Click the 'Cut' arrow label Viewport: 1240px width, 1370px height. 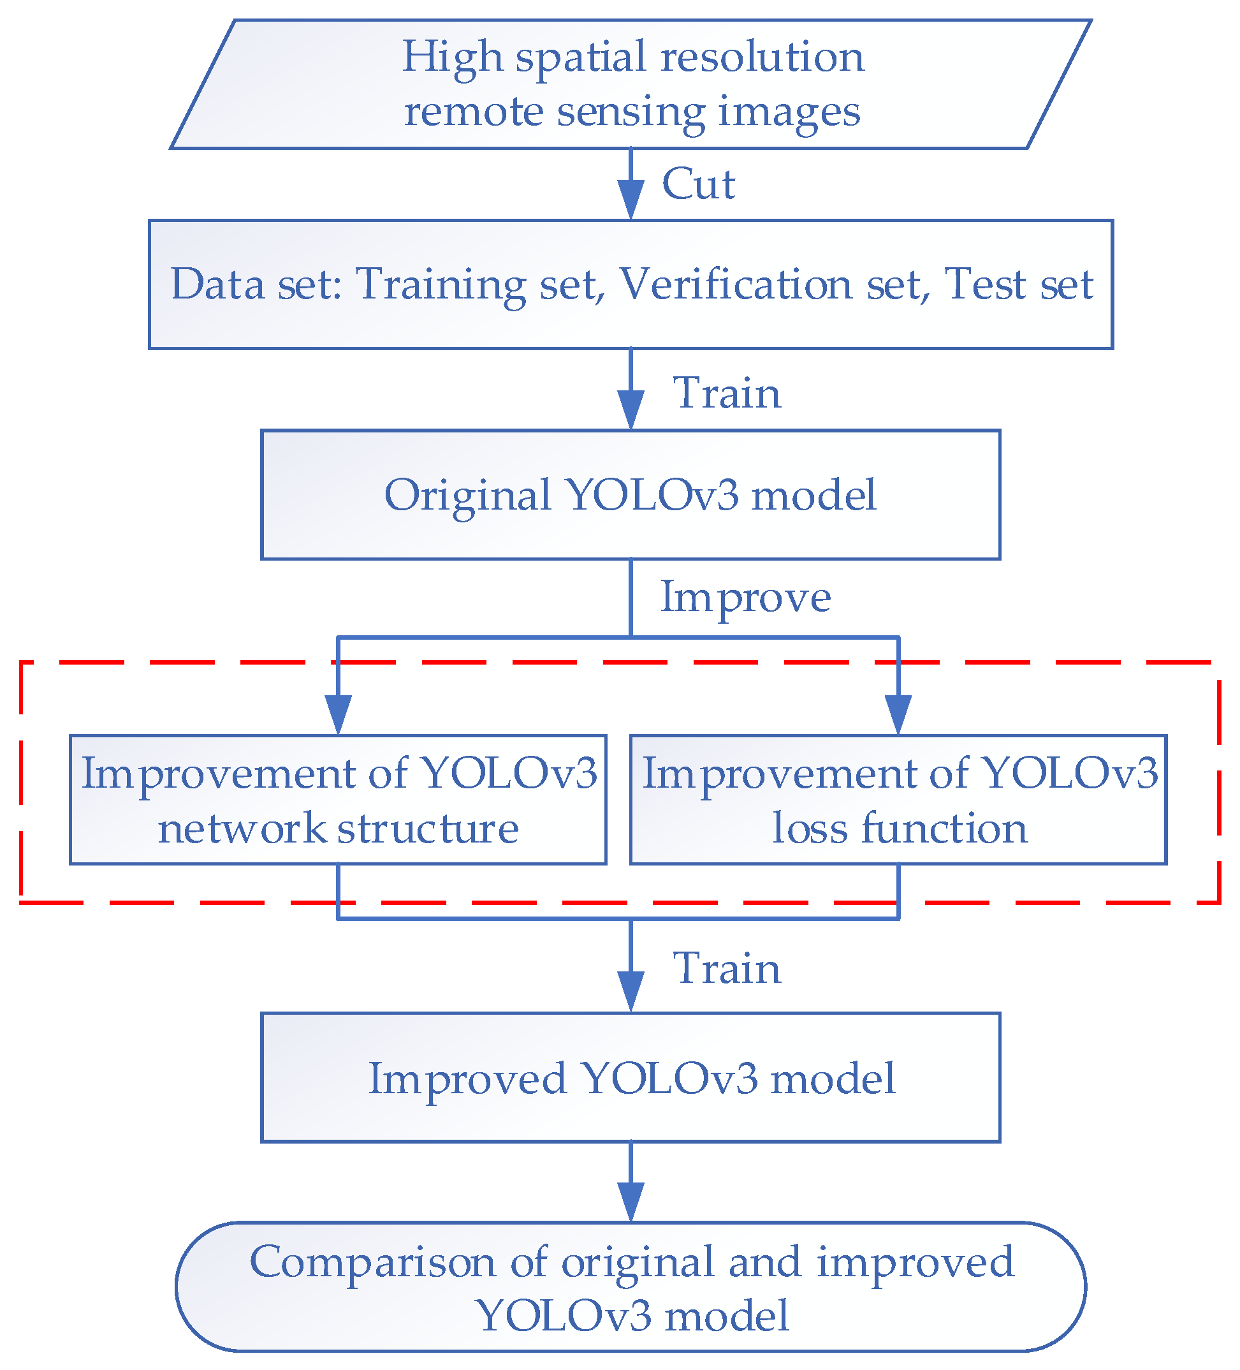click(698, 184)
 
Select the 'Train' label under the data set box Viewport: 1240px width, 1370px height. click(726, 394)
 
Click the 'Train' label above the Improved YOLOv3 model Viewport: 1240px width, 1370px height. click(726, 968)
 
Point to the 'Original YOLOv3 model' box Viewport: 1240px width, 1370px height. click(630, 495)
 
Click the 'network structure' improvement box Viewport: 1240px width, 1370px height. click(338, 800)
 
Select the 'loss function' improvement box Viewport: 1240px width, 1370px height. click(898, 800)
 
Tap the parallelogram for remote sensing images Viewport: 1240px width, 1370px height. click(630, 84)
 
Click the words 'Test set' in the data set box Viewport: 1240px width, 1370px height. click(1018, 284)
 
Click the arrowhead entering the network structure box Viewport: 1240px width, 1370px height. click(338, 716)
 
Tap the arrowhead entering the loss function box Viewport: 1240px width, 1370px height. click(898, 716)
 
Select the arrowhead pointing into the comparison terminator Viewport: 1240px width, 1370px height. click(630, 1203)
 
